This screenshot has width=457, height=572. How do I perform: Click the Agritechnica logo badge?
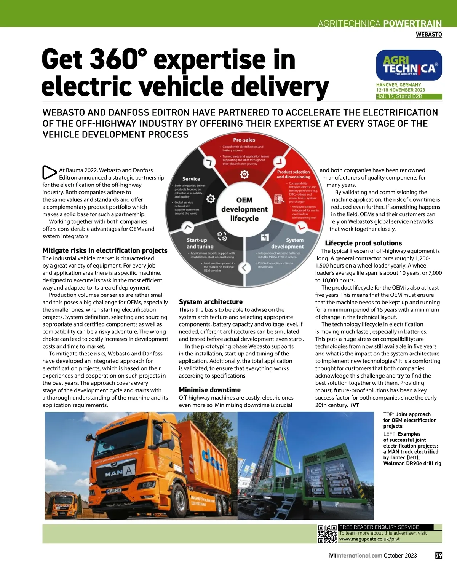pyautogui.click(x=409, y=65)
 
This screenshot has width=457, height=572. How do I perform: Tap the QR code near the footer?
pyautogui.click(x=327, y=534)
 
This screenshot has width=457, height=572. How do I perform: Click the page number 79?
pyautogui.click(x=439, y=556)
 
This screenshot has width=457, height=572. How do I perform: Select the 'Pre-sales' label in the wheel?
pyautogui.click(x=244, y=140)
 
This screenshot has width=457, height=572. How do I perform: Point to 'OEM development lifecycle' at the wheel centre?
pyautogui.click(x=244, y=209)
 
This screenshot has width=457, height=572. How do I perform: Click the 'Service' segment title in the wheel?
pyautogui.click(x=191, y=179)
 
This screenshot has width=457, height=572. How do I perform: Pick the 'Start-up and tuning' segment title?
pyautogui.click(x=200, y=243)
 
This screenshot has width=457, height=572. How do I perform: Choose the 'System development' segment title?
pyautogui.click(x=288, y=243)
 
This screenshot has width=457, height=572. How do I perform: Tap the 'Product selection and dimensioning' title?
pyautogui.click(x=293, y=174)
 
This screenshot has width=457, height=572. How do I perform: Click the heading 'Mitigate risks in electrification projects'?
pyautogui.click(x=105, y=250)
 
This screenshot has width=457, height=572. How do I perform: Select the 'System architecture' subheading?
pyautogui.click(x=211, y=302)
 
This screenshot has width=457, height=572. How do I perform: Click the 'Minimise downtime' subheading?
pyautogui.click(x=209, y=390)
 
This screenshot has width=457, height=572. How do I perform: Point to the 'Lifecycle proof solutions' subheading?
pyautogui.click(x=363, y=243)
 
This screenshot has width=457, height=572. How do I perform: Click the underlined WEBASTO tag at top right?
pyautogui.click(x=429, y=35)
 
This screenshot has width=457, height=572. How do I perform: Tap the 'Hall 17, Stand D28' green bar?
pyautogui.click(x=409, y=97)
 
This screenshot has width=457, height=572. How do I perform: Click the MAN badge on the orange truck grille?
pyautogui.click(x=113, y=474)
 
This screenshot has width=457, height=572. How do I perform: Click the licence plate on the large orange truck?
pyautogui.click(x=113, y=491)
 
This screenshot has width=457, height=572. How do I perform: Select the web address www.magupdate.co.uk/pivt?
pyautogui.click(x=369, y=539)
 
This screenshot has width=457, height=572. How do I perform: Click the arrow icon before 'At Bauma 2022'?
pyautogui.click(x=49, y=172)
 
